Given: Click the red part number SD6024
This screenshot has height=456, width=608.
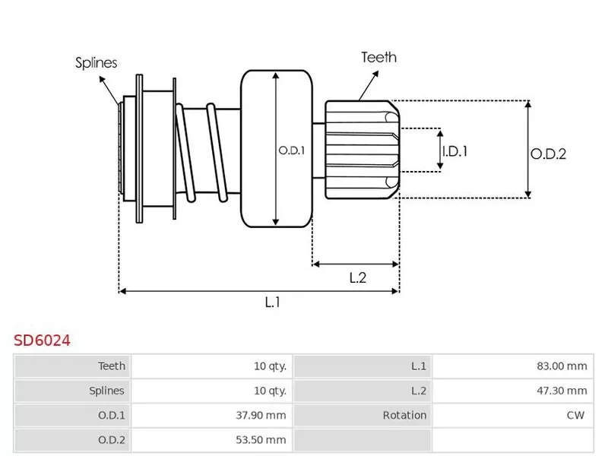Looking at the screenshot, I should tap(42, 340).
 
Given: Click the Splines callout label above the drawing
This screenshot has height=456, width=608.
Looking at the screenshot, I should tap(97, 62).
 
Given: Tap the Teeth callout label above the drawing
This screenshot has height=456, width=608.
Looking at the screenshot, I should tap(378, 57).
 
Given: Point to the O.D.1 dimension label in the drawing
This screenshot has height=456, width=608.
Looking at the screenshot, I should tap(291, 150).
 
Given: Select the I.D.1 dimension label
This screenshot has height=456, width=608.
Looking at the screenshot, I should tap(454, 151).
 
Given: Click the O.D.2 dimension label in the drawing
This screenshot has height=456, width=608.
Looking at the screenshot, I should tap(549, 153).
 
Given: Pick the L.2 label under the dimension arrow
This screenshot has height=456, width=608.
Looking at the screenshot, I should tap(358, 278).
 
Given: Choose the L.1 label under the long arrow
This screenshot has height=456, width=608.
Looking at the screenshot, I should tap(273, 302).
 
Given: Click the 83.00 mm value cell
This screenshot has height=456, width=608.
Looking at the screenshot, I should tap(562, 366).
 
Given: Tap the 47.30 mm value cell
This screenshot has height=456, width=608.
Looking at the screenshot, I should tap(562, 391).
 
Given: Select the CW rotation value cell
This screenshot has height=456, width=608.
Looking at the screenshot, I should tap(575, 415).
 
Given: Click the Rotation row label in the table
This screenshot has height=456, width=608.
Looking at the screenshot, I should tap(404, 415).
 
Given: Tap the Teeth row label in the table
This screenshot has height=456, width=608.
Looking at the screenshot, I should tap(112, 366).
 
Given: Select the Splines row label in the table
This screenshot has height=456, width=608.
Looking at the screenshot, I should tap(108, 391).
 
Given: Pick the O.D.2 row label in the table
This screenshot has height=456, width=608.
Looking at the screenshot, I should tap(111, 439).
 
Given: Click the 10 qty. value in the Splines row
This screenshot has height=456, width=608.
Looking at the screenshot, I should tap(270, 391).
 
